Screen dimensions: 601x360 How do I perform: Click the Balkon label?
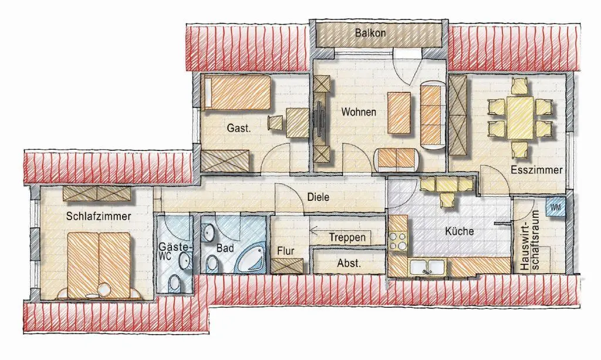pyautogui.click(x=370, y=32)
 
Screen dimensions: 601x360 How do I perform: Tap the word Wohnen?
pyautogui.click(x=359, y=112)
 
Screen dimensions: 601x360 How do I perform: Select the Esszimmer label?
pyautogui.click(x=536, y=170)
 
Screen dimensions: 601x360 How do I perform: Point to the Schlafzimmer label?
pyautogui.click(x=99, y=216)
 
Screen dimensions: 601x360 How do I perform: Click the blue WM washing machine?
pyautogui.click(x=555, y=207)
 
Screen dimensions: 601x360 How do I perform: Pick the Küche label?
pyautogui.click(x=459, y=231)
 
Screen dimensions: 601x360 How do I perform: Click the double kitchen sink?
pyautogui.click(x=428, y=267)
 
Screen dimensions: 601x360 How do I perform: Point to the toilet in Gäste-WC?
pyautogui.click(x=175, y=283)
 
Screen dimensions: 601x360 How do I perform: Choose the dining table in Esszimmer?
pyautogui.click(x=520, y=117)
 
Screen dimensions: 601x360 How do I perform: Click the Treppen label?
pyautogui.click(x=347, y=238)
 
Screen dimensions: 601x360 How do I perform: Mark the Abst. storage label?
pyautogui.click(x=349, y=263)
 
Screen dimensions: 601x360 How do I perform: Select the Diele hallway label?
pyautogui.click(x=318, y=197)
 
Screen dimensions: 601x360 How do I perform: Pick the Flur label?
pyautogui.click(x=286, y=251)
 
